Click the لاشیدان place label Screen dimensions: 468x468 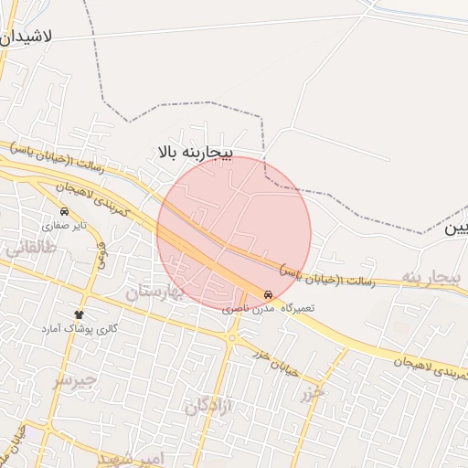(x=28, y=37)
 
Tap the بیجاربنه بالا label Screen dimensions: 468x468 (x=196, y=150)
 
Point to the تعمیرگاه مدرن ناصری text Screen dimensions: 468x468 (x=269, y=309)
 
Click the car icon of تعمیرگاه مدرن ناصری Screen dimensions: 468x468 (x=268, y=295)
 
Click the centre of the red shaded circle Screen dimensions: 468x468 (x=234, y=232)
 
